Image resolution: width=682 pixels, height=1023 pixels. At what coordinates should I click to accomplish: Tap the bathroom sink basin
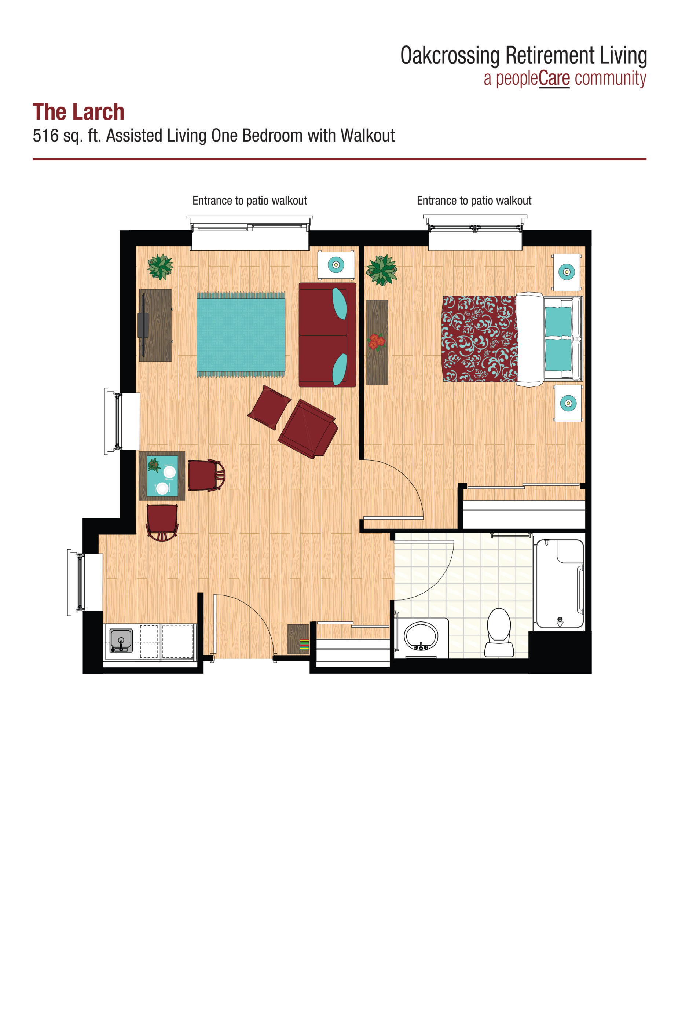pos(420,635)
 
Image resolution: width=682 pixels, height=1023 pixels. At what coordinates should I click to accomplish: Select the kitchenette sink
pos(121,640)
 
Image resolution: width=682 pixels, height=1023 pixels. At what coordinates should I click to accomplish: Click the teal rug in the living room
pos(241,334)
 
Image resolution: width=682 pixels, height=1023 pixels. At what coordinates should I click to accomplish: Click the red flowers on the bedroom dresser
pos(377,341)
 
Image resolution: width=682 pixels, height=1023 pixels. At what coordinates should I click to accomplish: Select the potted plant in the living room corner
pos(160,267)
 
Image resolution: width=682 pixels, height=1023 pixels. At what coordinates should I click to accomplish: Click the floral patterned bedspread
pos(479,339)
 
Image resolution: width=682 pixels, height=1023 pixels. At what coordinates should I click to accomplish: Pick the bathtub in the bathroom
pos(559,583)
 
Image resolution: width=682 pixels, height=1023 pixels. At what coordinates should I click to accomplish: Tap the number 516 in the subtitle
pos(45,136)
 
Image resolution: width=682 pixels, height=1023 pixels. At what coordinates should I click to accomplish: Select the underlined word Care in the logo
pos(554,79)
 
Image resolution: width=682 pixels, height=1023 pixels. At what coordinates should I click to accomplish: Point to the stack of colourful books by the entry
pos(304,645)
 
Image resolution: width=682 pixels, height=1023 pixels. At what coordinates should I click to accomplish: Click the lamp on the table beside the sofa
pos(335,264)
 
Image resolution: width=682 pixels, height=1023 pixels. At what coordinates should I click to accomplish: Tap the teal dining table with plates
pos(162,476)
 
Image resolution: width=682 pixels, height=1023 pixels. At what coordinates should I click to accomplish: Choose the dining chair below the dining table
pos(162,521)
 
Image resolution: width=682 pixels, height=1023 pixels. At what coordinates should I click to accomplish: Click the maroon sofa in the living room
pos(327,334)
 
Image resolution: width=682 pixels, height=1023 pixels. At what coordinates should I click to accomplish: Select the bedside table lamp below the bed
pos(568,403)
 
